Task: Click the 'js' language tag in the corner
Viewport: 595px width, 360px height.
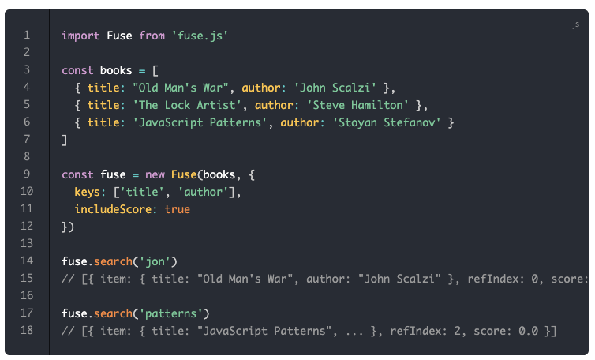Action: [x=575, y=24]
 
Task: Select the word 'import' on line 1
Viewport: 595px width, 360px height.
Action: [x=80, y=36]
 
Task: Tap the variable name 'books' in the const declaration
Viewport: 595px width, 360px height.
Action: [x=116, y=70]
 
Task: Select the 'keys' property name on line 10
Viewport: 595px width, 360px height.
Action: [x=87, y=192]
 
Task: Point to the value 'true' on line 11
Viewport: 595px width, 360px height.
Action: [x=177, y=209]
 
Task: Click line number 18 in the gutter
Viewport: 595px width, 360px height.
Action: [x=27, y=330]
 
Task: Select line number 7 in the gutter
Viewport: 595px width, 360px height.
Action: [x=27, y=140]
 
